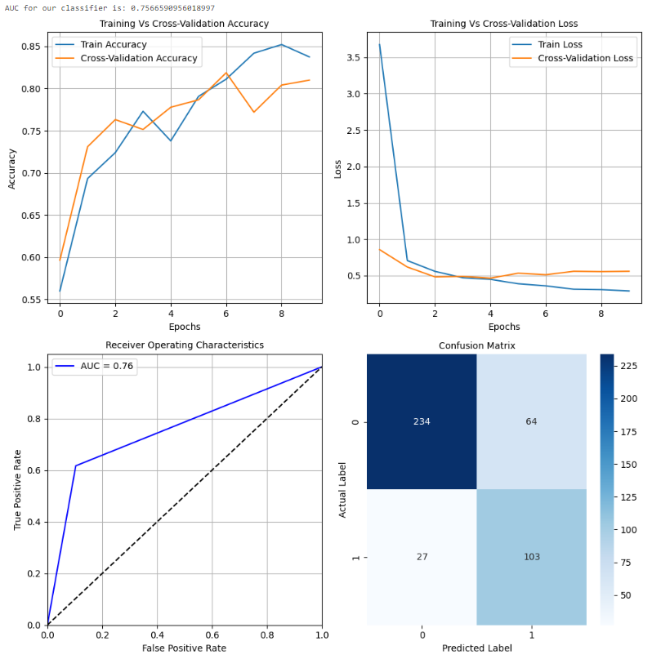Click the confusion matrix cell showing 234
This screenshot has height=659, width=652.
click(421, 421)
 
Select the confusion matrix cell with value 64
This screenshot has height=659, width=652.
click(531, 421)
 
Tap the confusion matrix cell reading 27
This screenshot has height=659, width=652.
click(421, 557)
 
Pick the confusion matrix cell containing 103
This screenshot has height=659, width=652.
click(531, 557)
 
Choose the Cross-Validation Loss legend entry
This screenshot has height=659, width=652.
click(585, 58)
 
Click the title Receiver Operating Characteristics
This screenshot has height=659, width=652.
click(184, 345)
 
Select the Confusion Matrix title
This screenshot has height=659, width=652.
click(477, 345)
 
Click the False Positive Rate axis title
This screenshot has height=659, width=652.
click(184, 648)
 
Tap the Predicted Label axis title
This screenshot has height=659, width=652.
click(477, 648)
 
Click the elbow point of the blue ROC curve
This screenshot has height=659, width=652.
click(76, 466)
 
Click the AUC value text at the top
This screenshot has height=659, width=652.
click(109, 7)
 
